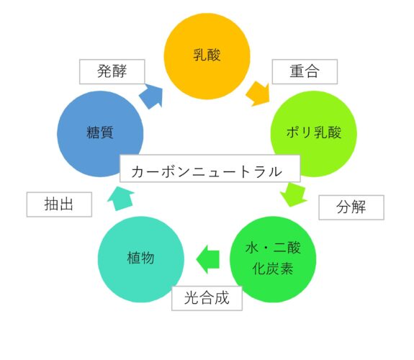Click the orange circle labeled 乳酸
pos(207,56)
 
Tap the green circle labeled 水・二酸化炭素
pos(273,259)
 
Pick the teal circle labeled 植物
pos(141,259)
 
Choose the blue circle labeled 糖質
pos(100,134)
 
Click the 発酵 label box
pos(112,71)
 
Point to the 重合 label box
pos(305,71)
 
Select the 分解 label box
pos(351,207)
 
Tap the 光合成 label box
pos(207,298)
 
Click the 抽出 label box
pos(59,204)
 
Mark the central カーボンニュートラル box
pos(210,168)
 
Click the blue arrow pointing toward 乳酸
pos(151,96)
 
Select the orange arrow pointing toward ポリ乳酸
pos(258,94)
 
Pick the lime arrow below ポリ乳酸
pos(294,194)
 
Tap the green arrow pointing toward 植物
pos(208,259)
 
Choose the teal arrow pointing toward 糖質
pos(121,198)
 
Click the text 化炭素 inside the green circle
pos(273,269)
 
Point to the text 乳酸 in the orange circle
pos(207,55)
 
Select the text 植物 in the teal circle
pos(140,258)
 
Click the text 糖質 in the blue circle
pos(100,132)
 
